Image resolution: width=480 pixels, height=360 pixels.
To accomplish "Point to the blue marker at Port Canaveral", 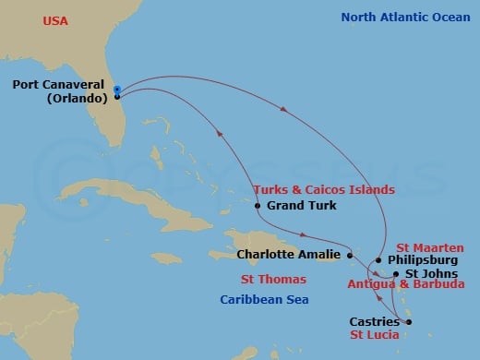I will [117, 90].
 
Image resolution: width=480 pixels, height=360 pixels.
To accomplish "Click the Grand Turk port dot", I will [258, 206].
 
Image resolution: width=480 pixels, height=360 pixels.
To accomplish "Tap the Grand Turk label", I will [294, 206].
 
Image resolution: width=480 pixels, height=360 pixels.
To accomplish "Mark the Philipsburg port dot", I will [378, 260].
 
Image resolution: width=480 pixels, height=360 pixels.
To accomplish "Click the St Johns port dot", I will [396, 274].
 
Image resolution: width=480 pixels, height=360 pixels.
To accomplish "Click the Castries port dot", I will [408, 322].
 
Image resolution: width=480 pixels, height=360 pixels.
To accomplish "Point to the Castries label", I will [375, 322].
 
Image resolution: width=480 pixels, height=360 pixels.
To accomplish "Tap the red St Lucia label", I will [374, 335].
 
